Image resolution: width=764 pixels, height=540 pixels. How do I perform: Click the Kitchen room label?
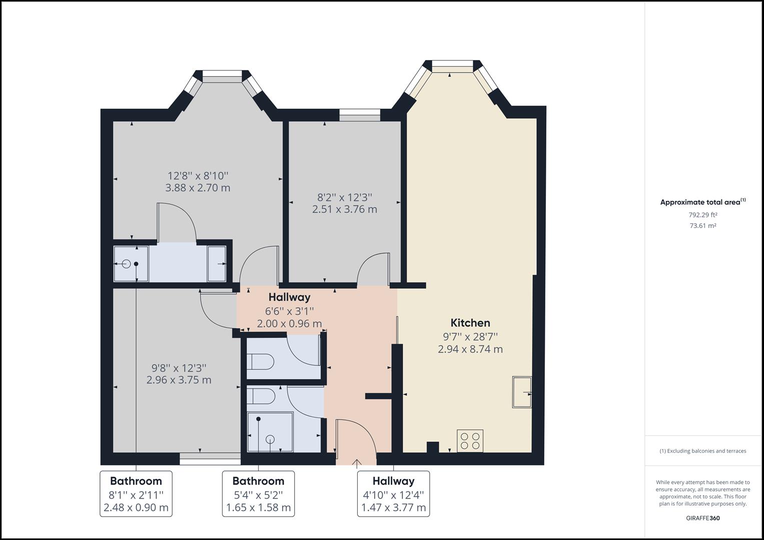tap(470, 323)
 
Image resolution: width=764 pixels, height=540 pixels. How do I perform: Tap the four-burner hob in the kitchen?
tap(470, 440)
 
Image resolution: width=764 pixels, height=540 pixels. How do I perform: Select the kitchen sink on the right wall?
tap(521, 392)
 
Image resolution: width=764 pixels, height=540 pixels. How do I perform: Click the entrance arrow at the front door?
tap(357, 463)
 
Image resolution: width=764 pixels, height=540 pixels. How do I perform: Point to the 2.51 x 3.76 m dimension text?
tap(344, 209)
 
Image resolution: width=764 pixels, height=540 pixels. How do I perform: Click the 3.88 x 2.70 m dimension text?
tap(198, 188)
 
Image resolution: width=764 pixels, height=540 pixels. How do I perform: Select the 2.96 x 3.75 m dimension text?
tap(179, 380)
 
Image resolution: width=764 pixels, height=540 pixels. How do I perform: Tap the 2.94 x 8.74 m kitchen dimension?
tap(470, 349)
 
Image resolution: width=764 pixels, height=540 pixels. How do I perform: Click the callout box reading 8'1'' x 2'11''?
tap(136, 494)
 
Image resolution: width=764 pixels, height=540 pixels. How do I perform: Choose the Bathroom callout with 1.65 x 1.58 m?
tap(258, 494)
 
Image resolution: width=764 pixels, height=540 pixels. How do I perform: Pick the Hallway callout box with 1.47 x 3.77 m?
tap(393, 494)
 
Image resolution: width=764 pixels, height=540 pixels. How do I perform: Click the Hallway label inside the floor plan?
tap(289, 297)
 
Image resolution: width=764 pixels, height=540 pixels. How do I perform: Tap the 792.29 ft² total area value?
tap(702, 215)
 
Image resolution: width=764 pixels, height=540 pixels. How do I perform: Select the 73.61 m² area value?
tap(702, 225)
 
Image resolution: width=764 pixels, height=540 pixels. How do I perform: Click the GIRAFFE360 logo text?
tap(702, 518)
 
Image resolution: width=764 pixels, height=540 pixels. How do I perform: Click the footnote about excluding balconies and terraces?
tap(702, 451)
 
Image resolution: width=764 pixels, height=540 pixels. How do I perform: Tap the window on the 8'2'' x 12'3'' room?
tap(359, 115)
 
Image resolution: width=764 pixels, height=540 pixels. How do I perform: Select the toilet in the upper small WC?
tap(261, 361)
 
